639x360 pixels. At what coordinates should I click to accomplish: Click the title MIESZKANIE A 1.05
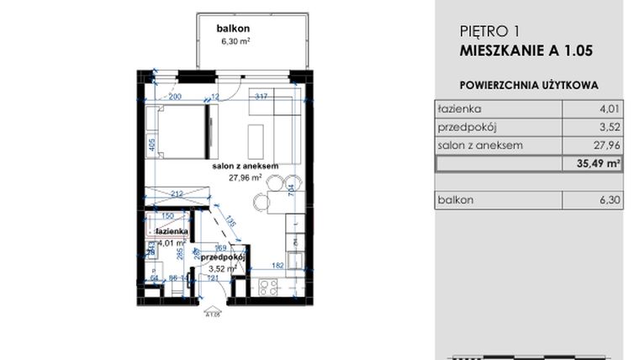(526, 50)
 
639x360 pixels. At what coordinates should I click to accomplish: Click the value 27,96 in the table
(605, 146)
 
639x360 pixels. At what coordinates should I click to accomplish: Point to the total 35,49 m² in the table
(599, 164)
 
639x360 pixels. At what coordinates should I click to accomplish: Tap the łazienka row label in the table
(459, 109)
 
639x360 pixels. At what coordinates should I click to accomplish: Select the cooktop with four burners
(268, 288)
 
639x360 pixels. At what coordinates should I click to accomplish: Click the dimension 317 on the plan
(261, 97)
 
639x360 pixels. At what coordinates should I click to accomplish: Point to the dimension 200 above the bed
(174, 97)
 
